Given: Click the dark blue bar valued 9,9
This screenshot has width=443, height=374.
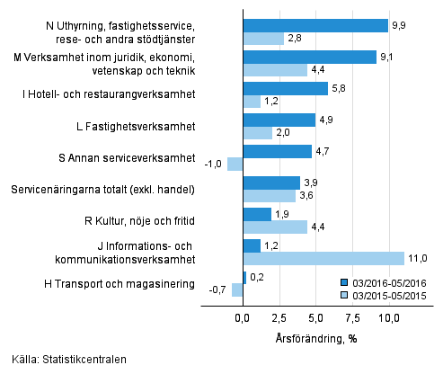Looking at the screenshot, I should click(315, 25).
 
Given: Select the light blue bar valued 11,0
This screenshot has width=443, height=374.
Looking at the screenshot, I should click(323, 258).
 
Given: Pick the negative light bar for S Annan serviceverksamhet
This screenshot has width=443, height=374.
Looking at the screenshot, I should click(235, 164).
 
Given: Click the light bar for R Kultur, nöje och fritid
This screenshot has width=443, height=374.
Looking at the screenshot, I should click(275, 227).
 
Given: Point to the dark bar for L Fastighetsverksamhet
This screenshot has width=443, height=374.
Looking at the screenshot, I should click(279, 120).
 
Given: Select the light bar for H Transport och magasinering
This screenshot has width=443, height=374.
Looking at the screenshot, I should click(237, 289).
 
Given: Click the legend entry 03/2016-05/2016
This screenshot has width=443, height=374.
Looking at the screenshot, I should click(386, 280).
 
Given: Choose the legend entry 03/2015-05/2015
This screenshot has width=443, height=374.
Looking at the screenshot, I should click(386, 294).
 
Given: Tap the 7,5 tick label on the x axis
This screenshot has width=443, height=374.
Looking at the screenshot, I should click(352, 318).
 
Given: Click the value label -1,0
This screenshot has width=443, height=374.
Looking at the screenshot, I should click(212, 164).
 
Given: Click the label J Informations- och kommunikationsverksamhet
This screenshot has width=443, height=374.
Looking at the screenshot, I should click(133, 253).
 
